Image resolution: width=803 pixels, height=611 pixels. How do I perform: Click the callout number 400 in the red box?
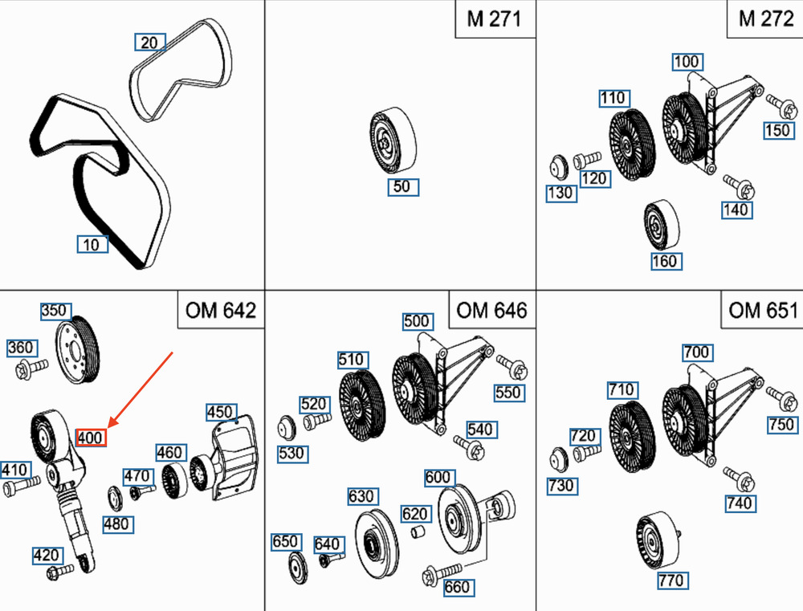[x=90, y=438]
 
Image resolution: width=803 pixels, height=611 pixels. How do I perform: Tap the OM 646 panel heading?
[x=491, y=309]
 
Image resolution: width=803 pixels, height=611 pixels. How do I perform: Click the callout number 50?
[x=403, y=187]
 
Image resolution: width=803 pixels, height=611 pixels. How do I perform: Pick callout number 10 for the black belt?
[x=92, y=244]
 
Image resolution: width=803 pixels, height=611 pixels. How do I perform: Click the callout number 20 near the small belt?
[x=149, y=42]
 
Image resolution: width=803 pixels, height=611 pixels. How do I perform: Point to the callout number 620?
[x=415, y=514]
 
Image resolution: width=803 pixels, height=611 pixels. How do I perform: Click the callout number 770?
[x=671, y=580]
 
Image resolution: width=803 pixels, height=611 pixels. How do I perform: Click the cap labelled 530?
[x=285, y=426]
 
